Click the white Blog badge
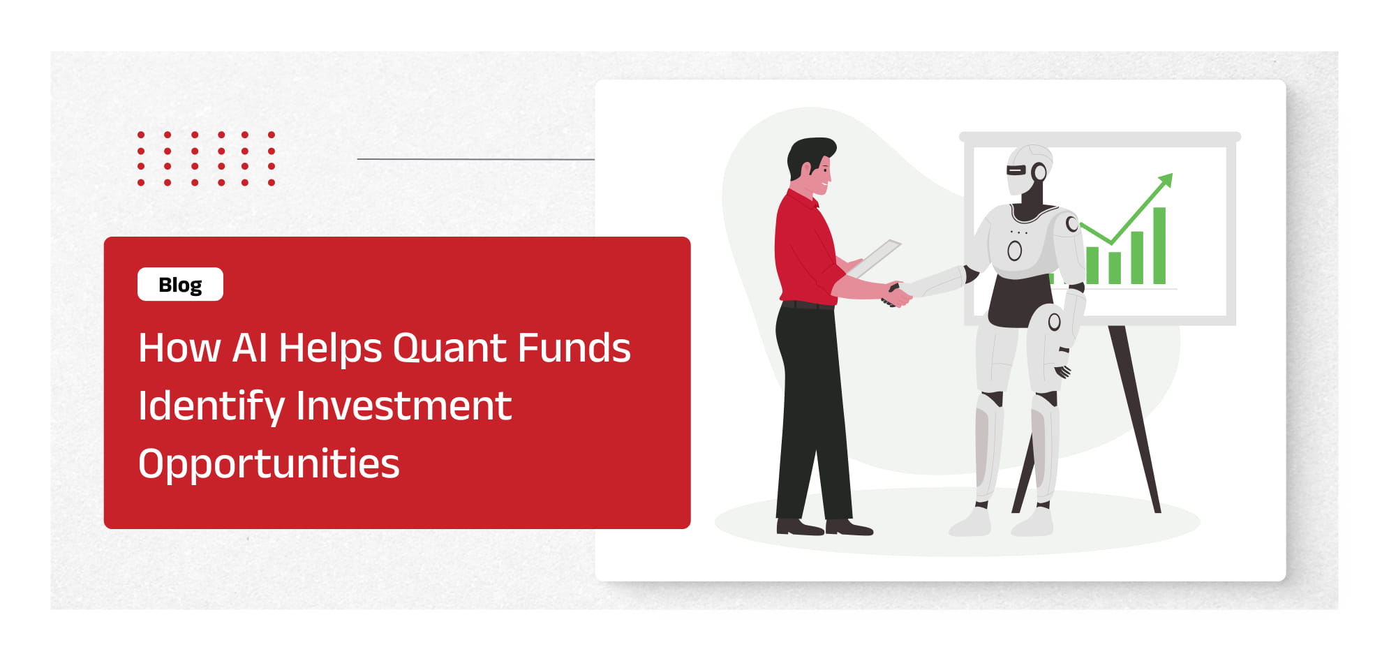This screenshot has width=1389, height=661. coord(180,284)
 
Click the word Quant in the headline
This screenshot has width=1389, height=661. coord(450,348)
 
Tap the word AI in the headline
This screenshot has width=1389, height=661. coord(250,348)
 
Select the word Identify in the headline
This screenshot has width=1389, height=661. coord(211,407)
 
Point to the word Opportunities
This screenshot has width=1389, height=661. coord(269,465)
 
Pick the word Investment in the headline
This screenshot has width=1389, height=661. coord(404,406)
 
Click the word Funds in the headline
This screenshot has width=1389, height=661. coord(574,348)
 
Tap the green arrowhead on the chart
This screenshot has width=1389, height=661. coord(1165,180)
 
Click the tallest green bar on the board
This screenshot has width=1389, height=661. coord(1159,246)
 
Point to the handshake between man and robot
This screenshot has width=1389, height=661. coord(898,293)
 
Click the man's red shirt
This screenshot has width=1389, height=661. coord(805,248)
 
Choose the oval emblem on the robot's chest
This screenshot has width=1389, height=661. coord(1015,250)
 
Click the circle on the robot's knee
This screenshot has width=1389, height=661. coord(1054,322)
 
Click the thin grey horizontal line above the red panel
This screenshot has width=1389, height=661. coord(475,159)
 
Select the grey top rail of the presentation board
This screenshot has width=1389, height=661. coord(1099,138)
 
